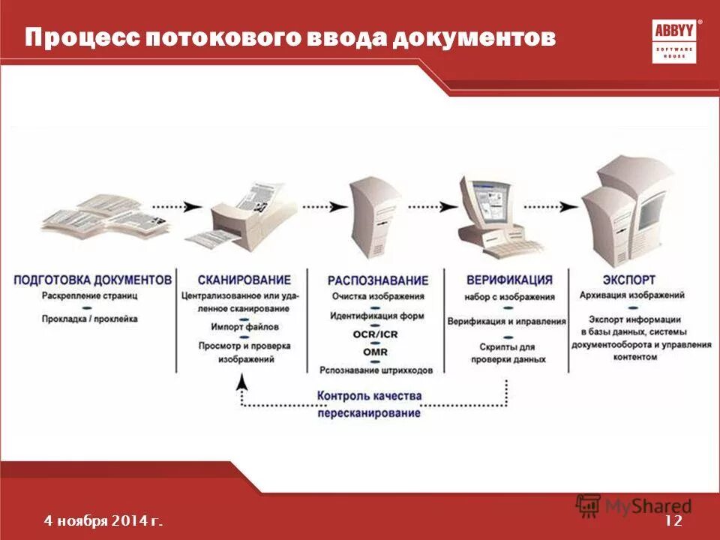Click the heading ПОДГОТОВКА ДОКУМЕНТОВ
pos(92,280)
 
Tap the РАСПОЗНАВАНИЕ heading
pos(377,280)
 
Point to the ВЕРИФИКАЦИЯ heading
pos(509,280)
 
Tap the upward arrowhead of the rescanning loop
pos(241,382)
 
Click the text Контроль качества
pos(369,396)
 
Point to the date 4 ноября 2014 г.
pos(103,520)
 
